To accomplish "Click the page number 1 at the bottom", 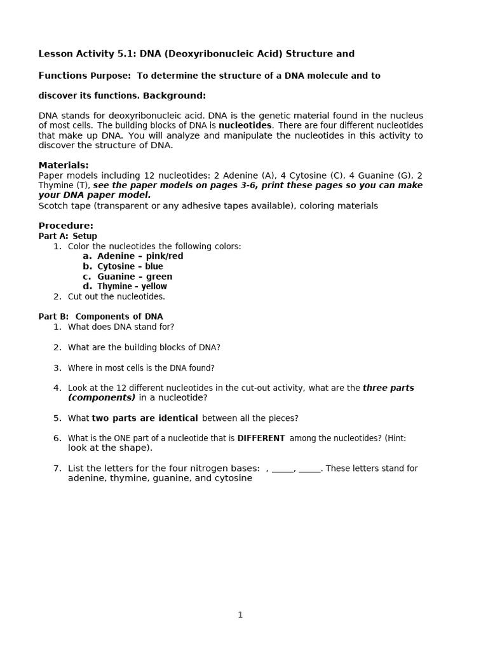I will pos(240,615).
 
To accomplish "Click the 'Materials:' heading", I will pos(64,165).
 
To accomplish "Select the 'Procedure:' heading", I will pos(65,226).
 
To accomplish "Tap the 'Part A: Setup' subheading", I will pos(67,236).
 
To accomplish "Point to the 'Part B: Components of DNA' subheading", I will pos(100,317).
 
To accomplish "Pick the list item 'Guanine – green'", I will pos(135,277).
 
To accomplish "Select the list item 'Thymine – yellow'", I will pos(132,287).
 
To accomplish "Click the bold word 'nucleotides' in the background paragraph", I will pos(245,125).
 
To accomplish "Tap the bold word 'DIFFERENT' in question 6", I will pos(261,438).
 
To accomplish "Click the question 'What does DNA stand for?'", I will pos(121,327).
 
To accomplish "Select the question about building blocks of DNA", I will pos(144,347).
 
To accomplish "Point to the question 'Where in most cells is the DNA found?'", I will pos(141,367).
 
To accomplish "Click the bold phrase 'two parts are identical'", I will pos(145,418).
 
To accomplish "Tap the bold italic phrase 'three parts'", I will pos(388,388).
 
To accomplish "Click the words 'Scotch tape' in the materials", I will pos(62,206).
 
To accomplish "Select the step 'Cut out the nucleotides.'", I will pos(116,296).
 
